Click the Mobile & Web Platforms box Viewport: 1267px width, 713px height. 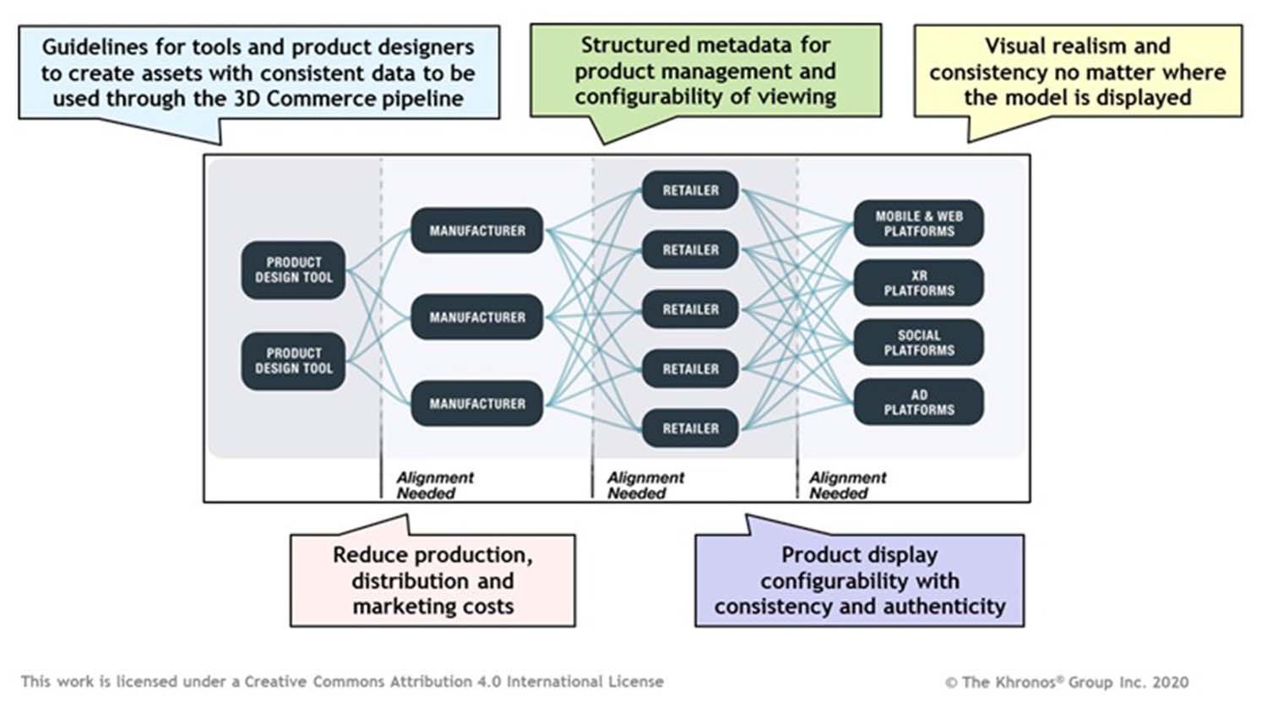918,223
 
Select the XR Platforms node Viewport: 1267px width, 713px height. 918,283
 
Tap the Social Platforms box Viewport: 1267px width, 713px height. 918,342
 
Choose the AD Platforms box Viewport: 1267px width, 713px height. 918,402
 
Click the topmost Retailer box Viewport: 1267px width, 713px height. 690,190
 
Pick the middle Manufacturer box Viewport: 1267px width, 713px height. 476,317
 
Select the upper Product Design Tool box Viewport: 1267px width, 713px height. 293,270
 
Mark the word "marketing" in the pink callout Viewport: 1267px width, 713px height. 400,607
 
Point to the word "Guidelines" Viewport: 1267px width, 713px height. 95,46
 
